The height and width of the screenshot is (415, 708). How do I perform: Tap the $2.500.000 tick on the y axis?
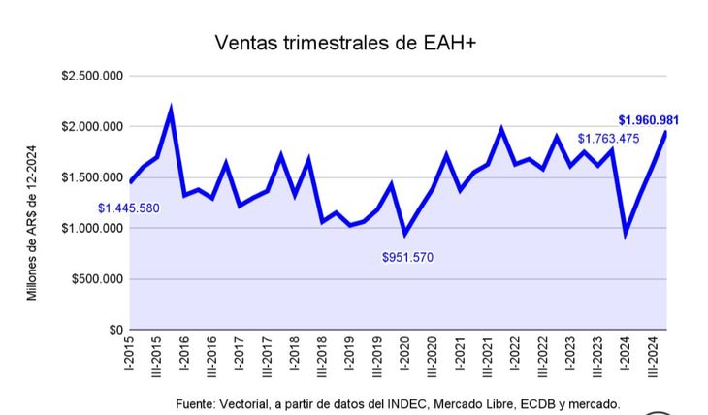(x=89, y=76)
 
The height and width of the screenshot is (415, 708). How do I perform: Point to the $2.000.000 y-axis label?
(x=89, y=127)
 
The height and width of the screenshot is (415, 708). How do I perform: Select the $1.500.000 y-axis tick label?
(x=89, y=177)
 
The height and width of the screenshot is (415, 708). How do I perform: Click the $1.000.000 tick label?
(x=89, y=229)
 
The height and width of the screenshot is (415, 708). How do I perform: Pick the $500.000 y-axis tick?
(x=94, y=279)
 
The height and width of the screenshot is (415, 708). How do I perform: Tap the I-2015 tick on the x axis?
(x=129, y=359)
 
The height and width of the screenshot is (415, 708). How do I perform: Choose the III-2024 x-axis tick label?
(x=652, y=362)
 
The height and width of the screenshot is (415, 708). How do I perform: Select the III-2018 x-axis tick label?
(x=322, y=362)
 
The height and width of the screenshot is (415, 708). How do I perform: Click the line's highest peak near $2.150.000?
(x=171, y=111)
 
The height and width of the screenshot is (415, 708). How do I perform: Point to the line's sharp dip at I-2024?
(x=626, y=234)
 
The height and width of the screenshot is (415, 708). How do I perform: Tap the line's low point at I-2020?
(x=405, y=234)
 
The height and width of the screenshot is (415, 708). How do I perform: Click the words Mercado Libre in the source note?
(x=446, y=403)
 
